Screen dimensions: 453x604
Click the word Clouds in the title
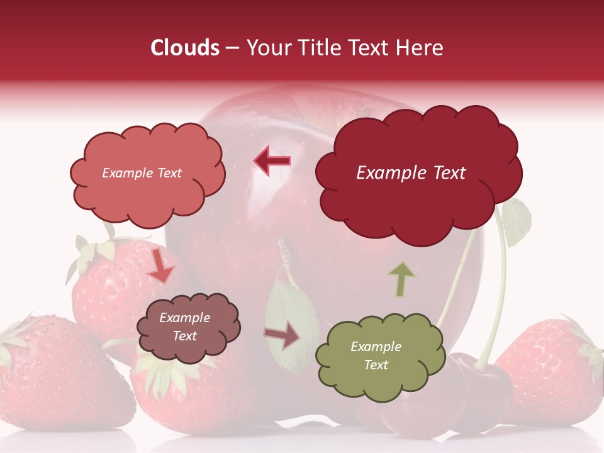(185, 48)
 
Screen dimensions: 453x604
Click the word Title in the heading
(320, 48)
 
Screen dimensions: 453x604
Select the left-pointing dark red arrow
(272, 161)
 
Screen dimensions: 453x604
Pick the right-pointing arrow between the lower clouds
(282, 337)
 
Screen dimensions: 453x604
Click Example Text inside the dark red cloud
(411, 173)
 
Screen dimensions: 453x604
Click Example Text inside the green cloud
(376, 355)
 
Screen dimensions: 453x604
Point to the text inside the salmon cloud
(142, 173)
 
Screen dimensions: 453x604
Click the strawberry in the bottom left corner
(57, 377)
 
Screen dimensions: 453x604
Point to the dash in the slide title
(232, 48)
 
